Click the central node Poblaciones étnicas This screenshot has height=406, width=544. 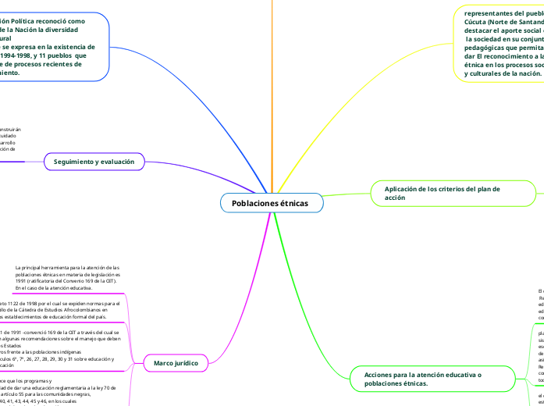coord(270,203)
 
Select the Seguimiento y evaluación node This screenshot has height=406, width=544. coord(94,162)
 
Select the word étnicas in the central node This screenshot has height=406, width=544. coord(292,203)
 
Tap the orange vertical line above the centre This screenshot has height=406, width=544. coord(272,94)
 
